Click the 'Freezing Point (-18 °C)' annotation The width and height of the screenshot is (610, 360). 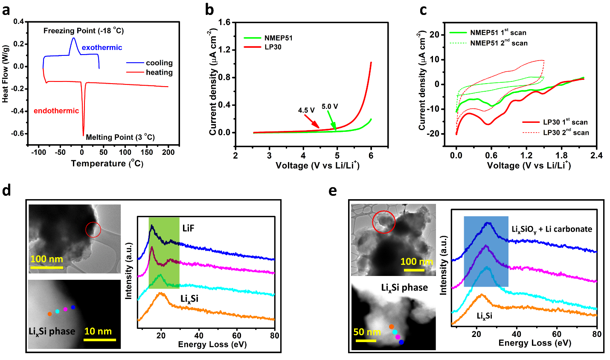click(84, 31)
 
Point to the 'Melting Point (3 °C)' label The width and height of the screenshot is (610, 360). click(120, 137)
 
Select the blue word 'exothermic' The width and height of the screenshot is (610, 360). click(102, 47)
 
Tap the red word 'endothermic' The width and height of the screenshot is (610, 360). click(56, 111)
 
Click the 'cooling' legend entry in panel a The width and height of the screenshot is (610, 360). click(159, 63)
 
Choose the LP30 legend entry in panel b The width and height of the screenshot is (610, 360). click(273, 47)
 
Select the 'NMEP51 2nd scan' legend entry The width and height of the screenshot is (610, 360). click(499, 43)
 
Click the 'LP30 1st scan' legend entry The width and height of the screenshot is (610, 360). click(565, 122)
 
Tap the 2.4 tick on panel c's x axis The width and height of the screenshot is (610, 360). click(596, 156)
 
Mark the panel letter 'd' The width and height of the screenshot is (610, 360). click(6, 190)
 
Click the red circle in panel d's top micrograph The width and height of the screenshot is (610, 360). click(93, 229)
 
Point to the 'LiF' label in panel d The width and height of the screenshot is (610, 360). click(188, 229)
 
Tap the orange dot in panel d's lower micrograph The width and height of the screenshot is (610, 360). click(49, 314)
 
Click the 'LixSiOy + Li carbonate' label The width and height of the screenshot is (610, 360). click(552, 229)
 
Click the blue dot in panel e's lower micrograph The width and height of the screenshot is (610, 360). click(401, 342)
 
